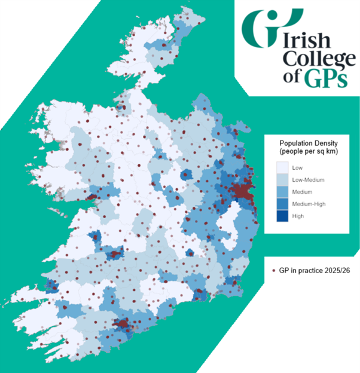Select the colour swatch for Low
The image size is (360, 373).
pos(279,168)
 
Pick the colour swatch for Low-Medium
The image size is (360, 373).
pos(279,180)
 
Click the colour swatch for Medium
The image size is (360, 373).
pos(279,192)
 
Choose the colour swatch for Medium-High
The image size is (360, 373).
pos(279,204)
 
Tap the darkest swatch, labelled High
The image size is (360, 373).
pos(279,216)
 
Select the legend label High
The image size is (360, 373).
pos(297,216)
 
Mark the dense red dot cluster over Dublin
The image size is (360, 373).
pos(244,192)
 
